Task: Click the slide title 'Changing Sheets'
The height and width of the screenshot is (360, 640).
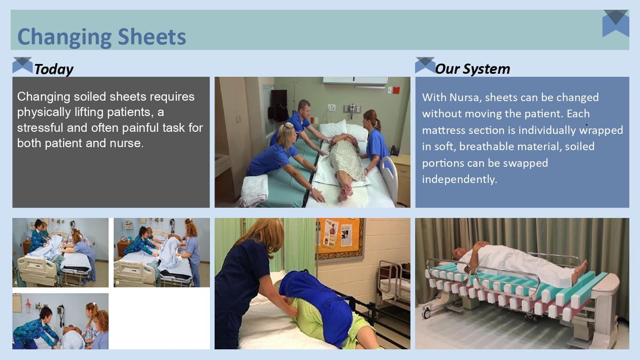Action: point(102,37)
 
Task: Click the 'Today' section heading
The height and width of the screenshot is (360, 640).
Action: point(53,69)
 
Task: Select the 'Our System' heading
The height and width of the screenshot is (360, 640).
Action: point(472,69)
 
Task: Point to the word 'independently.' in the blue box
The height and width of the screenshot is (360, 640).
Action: point(460,179)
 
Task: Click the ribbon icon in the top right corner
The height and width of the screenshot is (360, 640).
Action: point(616,23)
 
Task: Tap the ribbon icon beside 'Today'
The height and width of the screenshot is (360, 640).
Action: point(23,65)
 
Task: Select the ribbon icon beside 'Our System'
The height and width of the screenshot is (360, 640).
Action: point(425,65)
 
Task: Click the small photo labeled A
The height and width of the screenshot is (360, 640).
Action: point(60,252)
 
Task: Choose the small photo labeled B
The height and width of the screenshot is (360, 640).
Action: point(162,252)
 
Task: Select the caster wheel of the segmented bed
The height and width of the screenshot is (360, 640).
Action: point(426,314)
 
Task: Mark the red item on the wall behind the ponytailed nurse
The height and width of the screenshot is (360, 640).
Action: point(396,90)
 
